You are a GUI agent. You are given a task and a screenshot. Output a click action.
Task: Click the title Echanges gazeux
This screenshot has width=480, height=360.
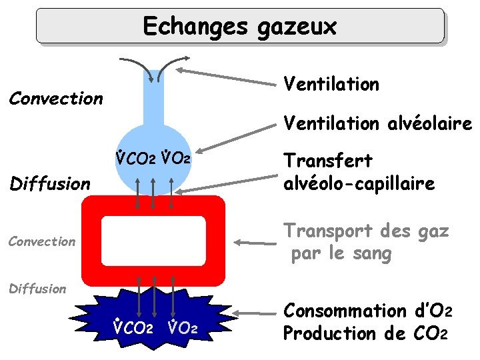[239, 27]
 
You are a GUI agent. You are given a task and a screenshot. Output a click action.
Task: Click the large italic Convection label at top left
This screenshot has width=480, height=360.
[55, 99]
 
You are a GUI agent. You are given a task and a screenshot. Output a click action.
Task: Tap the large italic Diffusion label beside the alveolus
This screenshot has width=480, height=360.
[51, 183]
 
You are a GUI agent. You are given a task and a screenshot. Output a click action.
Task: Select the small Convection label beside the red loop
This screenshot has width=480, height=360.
[41, 241]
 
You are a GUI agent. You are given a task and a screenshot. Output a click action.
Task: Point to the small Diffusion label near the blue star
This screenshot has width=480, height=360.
[37, 289]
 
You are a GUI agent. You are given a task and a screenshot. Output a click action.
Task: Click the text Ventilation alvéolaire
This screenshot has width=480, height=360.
[377, 123]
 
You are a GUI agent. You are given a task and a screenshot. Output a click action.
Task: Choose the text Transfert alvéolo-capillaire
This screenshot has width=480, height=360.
[359, 172]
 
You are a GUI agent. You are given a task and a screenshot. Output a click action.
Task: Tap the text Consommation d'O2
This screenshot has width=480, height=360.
[368, 311]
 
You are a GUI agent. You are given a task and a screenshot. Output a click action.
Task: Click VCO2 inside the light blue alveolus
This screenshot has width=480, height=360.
[135, 159]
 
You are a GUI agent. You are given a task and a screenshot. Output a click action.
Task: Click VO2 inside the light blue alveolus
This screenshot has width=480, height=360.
[177, 159]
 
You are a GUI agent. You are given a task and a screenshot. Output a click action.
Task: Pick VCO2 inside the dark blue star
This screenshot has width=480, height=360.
[133, 328]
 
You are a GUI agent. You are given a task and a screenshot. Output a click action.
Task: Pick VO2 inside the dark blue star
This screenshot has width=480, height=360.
[181, 328]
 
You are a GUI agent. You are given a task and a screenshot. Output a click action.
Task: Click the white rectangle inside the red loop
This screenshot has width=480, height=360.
[153, 241]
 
